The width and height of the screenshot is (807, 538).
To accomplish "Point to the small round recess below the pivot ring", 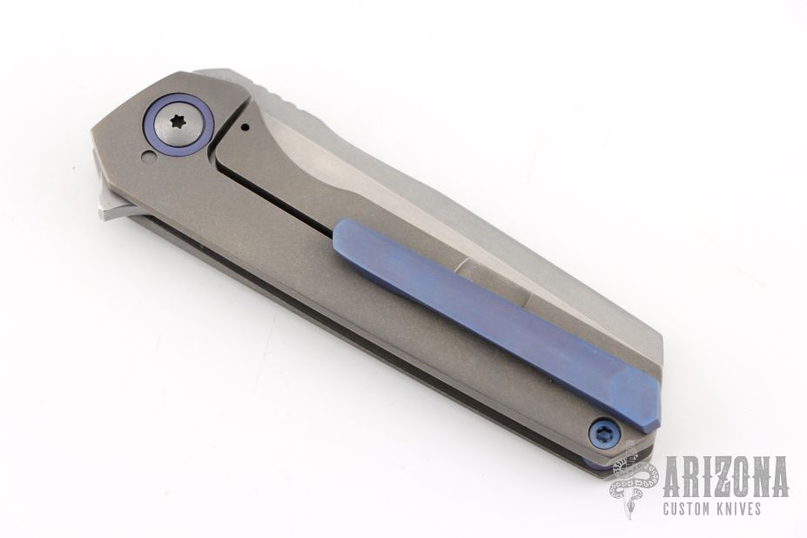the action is (148, 157).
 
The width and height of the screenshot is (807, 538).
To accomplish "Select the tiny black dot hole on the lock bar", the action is (245, 125).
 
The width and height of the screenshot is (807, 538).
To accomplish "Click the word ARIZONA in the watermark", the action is (726, 476).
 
